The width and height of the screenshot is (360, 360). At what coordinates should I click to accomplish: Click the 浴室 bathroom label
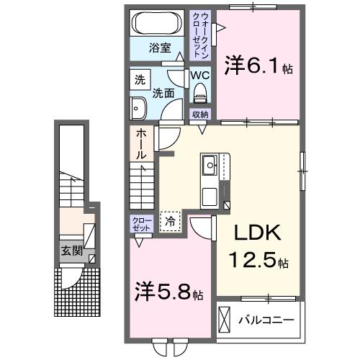click(x=160, y=48)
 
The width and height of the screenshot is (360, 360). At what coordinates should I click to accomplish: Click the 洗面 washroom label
click(x=163, y=94)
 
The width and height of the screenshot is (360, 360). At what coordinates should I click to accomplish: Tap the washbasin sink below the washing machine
click(x=138, y=108)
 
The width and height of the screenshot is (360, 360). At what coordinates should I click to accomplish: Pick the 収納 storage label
click(x=199, y=114)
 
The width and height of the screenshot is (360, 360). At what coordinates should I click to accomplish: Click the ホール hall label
click(x=141, y=144)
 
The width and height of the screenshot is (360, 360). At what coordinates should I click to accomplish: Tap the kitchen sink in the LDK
click(x=211, y=165)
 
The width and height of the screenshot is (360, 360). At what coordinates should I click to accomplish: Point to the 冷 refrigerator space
click(x=171, y=222)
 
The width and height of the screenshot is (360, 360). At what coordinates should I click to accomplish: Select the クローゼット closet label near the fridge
click(x=141, y=223)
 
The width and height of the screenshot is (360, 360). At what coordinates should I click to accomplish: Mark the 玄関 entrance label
click(x=70, y=252)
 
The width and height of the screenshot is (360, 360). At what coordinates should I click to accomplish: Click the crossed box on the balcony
click(x=225, y=318)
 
